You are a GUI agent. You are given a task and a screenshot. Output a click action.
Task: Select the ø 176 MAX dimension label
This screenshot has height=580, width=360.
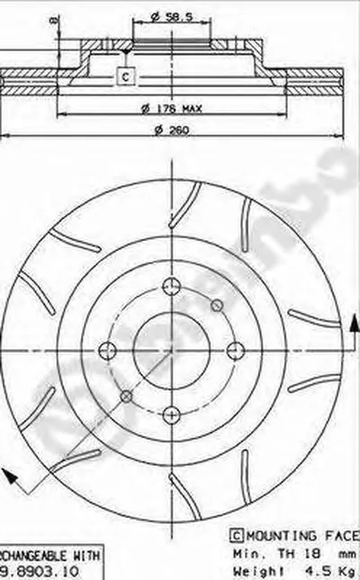[x=173, y=109]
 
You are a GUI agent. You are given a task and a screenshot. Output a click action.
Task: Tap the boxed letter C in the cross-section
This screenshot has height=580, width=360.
[x=126, y=76]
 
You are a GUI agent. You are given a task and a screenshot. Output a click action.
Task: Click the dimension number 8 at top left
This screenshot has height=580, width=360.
[x=55, y=19]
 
